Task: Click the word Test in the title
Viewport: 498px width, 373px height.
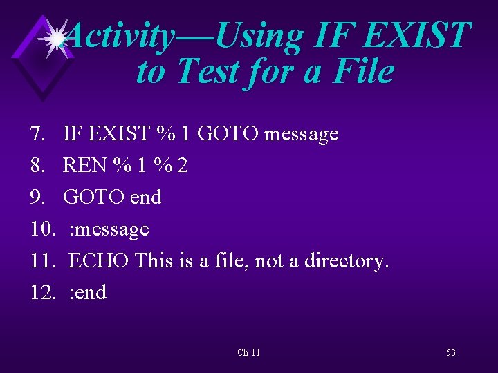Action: pos(208,71)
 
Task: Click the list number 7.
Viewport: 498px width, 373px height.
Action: pos(38,133)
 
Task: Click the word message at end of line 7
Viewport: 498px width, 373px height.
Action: pos(300,133)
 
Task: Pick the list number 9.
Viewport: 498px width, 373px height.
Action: pos(38,197)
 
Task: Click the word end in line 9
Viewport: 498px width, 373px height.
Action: pos(146,197)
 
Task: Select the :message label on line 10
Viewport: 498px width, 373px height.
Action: pos(109,229)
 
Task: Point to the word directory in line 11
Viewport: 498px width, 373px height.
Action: pos(342,260)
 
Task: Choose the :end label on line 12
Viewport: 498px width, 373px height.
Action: pos(88,292)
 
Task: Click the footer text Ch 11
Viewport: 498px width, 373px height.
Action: pos(248,352)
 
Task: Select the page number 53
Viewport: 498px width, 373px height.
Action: pos(450,352)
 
